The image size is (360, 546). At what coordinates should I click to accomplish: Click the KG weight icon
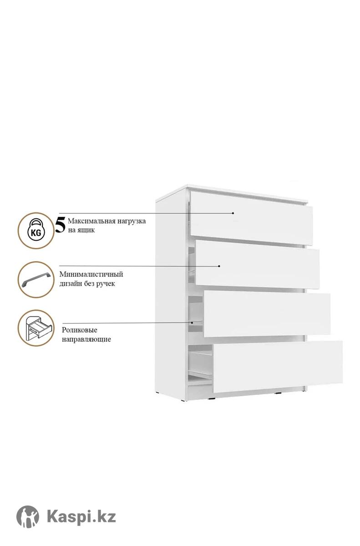pyautogui.click(x=36, y=230)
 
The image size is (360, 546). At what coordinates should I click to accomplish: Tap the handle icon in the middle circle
pyautogui.click(x=36, y=279)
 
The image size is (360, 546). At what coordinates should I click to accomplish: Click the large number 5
pyautogui.click(x=60, y=226)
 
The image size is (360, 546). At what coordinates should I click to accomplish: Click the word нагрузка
pyautogui.click(x=132, y=222)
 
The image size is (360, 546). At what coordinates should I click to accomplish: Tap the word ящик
pyautogui.click(x=86, y=230)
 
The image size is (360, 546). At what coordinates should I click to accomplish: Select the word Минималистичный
pyautogui.click(x=91, y=274)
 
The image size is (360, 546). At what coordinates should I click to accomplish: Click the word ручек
pyautogui.click(x=106, y=284)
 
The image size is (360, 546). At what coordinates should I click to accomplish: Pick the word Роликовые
pyautogui.click(x=80, y=330)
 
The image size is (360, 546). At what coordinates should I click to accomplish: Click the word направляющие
pyautogui.click(x=86, y=339)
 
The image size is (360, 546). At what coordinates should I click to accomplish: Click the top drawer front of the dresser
pyautogui.click(x=251, y=218)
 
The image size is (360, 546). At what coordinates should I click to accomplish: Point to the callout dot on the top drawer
pyautogui.click(x=233, y=213)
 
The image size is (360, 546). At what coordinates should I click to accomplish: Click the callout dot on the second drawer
pyautogui.click(x=219, y=266)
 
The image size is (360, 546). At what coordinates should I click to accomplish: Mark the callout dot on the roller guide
pyautogui.click(x=192, y=323)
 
